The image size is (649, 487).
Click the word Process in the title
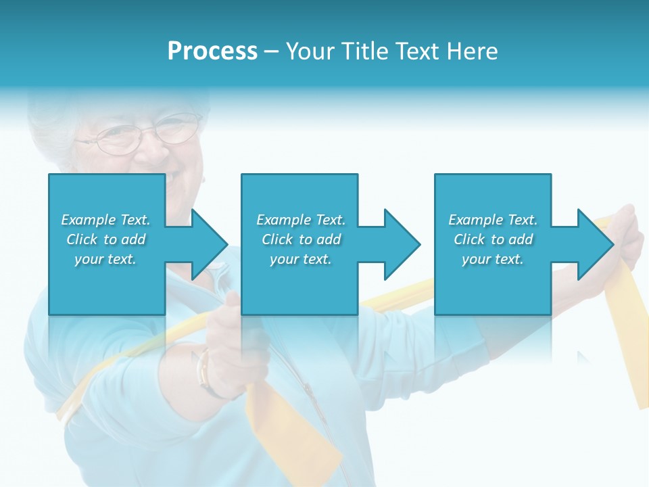[212, 51]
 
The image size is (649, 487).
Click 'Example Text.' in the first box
[105, 220]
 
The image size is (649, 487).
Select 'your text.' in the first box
[105, 259]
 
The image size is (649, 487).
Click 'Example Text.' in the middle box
[300, 220]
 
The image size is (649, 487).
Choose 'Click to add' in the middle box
[300, 239]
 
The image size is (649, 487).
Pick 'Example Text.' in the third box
[493, 220]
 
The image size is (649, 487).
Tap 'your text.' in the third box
[493, 259]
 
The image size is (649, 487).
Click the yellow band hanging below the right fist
[625, 338]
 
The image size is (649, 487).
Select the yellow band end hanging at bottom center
[297, 433]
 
